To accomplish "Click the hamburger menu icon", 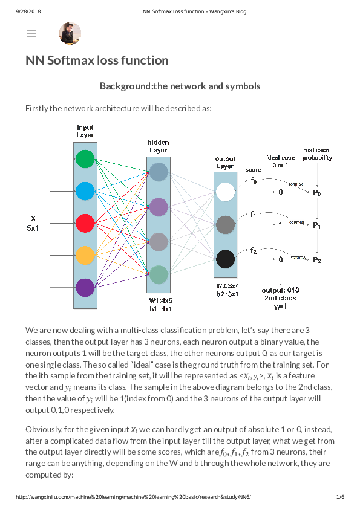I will (x=31, y=34).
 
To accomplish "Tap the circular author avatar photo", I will (x=70, y=34).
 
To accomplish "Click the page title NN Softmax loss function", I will (x=97, y=60).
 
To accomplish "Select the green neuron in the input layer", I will (x=85, y=159).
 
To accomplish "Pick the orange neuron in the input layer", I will (x=85, y=254).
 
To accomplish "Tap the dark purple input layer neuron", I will (x=85, y=287).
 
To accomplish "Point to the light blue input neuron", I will (x=85, y=191).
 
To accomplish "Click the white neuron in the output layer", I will (x=225, y=192).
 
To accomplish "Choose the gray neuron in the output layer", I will (x=225, y=225).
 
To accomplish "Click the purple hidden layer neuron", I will (x=158, y=207).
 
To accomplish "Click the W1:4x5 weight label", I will (x=160, y=300).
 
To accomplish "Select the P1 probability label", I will (x=316, y=225).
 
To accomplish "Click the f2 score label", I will (x=254, y=250).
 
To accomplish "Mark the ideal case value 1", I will (x=280, y=225).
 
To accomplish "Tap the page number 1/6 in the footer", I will (x=340, y=497).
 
